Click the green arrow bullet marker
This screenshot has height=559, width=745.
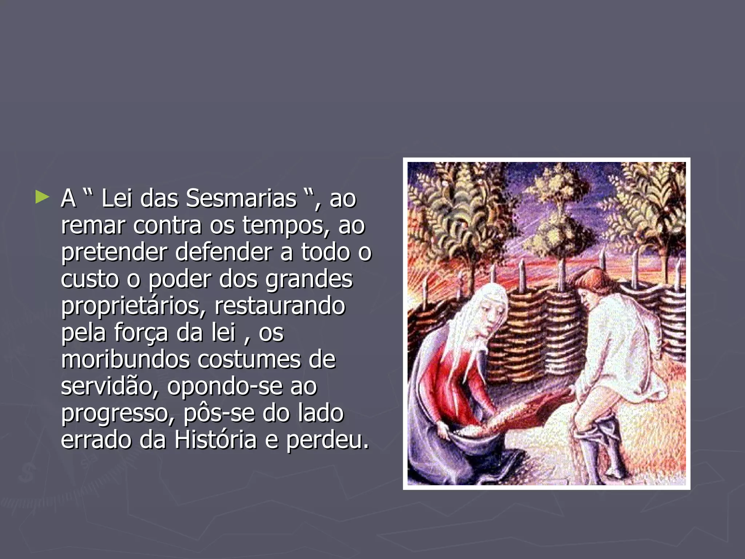click(42, 198)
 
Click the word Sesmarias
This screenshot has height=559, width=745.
click(241, 199)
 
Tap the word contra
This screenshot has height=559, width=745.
click(167, 226)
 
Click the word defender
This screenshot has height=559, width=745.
click(223, 252)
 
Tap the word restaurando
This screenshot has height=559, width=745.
click(279, 306)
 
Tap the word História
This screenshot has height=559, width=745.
click(215, 440)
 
